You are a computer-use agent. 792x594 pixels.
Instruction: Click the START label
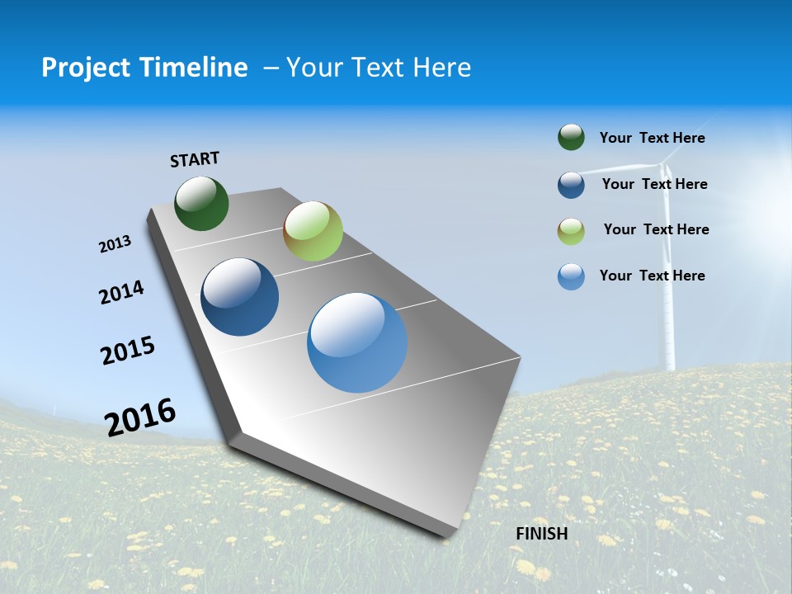(x=195, y=159)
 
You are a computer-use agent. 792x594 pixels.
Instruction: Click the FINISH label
(x=541, y=534)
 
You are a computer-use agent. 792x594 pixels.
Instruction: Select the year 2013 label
(x=115, y=244)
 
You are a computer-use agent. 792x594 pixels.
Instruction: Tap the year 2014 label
(x=121, y=292)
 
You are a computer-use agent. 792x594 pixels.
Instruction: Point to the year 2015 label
(x=128, y=351)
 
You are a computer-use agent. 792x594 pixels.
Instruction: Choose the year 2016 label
(x=140, y=417)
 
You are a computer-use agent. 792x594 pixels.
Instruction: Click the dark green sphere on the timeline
(x=201, y=203)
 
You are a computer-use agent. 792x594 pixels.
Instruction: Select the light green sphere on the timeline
(x=313, y=231)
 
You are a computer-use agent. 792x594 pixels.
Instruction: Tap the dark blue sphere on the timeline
(x=240, y=297)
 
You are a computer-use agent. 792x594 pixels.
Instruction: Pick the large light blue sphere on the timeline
(x=357, y=342)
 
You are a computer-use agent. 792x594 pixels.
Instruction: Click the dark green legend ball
(x=571, y=137)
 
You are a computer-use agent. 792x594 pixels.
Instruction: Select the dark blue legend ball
(x=571, y=185)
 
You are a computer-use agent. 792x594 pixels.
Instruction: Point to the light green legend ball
(x=571, y=231)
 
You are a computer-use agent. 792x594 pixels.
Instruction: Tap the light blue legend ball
(x=571, y=276)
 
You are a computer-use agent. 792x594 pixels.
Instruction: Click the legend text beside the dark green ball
(x=652, y=138)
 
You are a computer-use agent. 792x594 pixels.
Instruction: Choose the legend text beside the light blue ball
(x=652, y=276)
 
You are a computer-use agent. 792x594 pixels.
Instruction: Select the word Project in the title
(x=79, y=68)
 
